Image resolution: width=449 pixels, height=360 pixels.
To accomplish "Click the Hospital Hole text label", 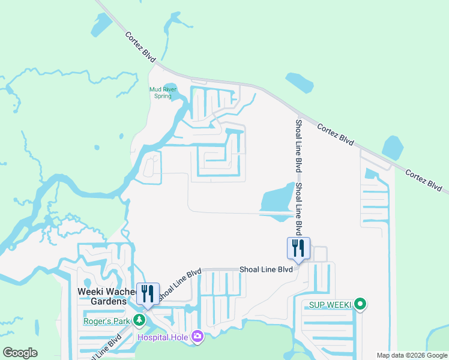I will click(162, 337).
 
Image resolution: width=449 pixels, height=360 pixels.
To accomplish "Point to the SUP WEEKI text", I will click(329, 305).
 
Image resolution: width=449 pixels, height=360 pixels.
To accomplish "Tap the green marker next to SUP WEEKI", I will click(360, 305).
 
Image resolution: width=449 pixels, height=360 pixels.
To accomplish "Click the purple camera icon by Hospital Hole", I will click(197, 337).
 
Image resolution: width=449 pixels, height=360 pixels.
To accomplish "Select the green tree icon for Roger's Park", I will click(140, 319).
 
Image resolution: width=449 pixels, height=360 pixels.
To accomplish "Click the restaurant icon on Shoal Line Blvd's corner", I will click(298, 247).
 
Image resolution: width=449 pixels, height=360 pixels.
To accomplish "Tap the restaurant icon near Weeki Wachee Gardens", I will click(148, 293).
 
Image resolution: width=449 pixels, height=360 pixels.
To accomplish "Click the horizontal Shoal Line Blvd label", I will click(266, 270).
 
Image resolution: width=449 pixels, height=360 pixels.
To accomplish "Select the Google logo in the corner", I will click(20, 353).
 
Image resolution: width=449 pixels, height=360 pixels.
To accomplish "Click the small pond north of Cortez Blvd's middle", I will click(300, 83).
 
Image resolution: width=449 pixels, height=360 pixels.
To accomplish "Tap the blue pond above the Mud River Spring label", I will click(169, 88).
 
